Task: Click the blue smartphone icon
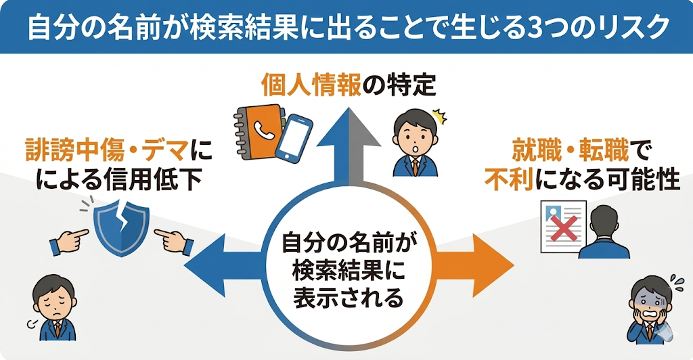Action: [293, 138]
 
